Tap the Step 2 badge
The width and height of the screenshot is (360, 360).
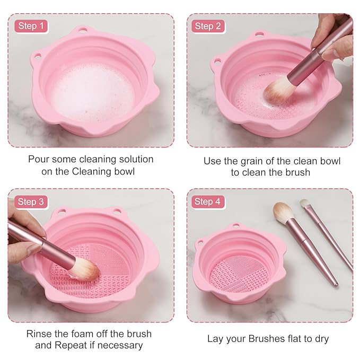click(x=207, y=26)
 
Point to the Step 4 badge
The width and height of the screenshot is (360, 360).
click(x=207, y=201)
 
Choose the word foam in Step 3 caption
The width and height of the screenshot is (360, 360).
click(x=89, y=334)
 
